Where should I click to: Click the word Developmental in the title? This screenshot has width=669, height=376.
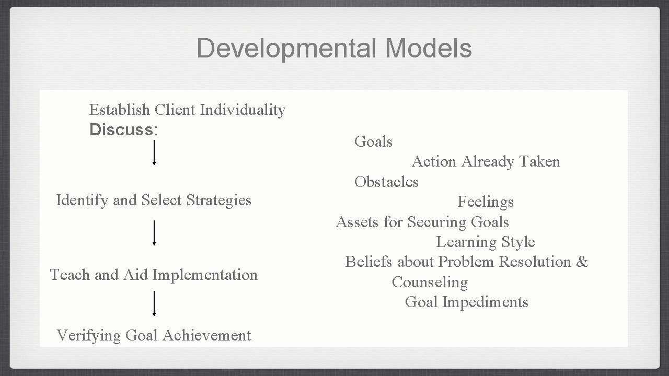[287, 49]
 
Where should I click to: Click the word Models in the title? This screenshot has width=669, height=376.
[429, 49]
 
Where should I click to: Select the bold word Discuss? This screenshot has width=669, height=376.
[121, 130]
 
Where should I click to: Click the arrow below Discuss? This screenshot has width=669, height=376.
[154, 152]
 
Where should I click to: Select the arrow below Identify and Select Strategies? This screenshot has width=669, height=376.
[154, 233]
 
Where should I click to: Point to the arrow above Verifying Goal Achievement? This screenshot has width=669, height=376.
[154, 303]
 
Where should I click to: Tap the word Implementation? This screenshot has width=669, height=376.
[212, 275]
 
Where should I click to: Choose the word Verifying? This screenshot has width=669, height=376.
[89, 335]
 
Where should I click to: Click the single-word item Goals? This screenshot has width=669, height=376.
[373, 142]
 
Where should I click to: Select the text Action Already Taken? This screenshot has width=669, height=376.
[486, 162]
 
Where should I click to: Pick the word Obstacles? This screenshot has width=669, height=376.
[386, 182]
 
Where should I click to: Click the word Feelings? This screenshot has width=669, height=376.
[486, 202]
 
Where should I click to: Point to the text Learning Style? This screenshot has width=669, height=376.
[486, 242]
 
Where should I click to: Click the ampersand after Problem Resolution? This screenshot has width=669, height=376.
[582, 262]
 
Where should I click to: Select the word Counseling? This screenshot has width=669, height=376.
[430, 283]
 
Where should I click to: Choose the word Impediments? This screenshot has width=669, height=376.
[485, 302]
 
